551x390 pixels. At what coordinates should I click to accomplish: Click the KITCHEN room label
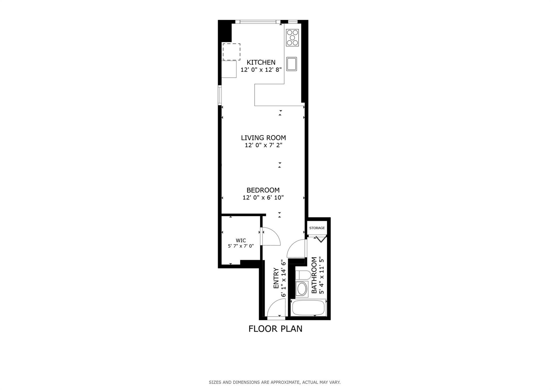tap(261, 62)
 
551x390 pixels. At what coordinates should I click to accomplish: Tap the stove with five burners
tap(292, 37)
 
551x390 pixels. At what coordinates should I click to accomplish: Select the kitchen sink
tap(291, 64)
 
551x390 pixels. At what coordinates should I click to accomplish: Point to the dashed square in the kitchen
tap(231, 52)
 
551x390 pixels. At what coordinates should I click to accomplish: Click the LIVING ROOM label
tap(263, 138)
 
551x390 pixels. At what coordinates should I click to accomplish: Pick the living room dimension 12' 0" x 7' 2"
tap(263, 145)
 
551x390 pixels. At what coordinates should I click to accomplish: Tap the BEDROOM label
tap(263, 190)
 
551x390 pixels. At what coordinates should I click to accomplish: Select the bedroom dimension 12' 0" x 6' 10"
tap(263, 198)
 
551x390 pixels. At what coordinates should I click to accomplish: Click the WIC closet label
tap(241, 241)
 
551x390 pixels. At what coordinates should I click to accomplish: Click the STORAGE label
tap(317, 228)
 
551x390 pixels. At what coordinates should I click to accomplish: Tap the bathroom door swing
tap(297, 248)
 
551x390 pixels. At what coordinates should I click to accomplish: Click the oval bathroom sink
tap(302, 289)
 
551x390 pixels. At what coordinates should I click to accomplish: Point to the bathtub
tap(309, 308)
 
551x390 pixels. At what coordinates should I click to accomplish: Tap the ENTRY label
tap(276, 278)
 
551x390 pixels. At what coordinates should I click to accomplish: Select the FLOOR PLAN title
tap(275, 329)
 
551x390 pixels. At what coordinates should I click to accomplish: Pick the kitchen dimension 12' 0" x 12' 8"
tap(261, 70)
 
